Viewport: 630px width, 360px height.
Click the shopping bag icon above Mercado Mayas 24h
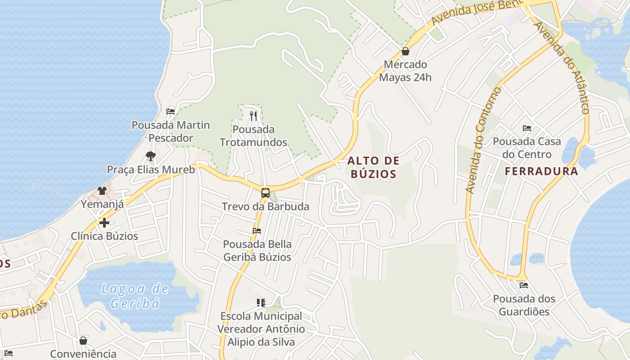pos(405,51)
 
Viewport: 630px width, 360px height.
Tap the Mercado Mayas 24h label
pos(405,71)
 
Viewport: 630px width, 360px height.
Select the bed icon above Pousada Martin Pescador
pos(170,111)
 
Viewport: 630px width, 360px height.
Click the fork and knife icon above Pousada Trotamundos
pos(253,116)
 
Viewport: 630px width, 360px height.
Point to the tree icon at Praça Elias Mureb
pos(151,156)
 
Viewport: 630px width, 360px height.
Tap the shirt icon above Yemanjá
pos(102,191)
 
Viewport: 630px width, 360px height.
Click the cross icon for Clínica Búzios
pos(104,223)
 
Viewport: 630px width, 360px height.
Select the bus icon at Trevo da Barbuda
pos(265,193)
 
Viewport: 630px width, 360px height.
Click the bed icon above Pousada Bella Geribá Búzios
pos(257,231)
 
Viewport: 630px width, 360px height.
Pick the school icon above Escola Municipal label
pos(261,303)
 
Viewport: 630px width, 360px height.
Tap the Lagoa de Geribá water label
pos(135,296)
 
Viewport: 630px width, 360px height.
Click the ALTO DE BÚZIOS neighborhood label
pos(373,167)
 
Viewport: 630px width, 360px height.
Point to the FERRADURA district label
pos(541,171)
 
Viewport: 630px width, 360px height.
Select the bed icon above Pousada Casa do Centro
pos(527,128)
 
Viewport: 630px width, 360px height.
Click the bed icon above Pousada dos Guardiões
pos(523,285)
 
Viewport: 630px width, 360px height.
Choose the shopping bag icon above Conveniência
pos(83,341)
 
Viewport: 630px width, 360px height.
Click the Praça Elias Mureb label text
pos(151,170)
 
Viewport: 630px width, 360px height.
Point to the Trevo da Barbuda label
pos(265,207)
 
